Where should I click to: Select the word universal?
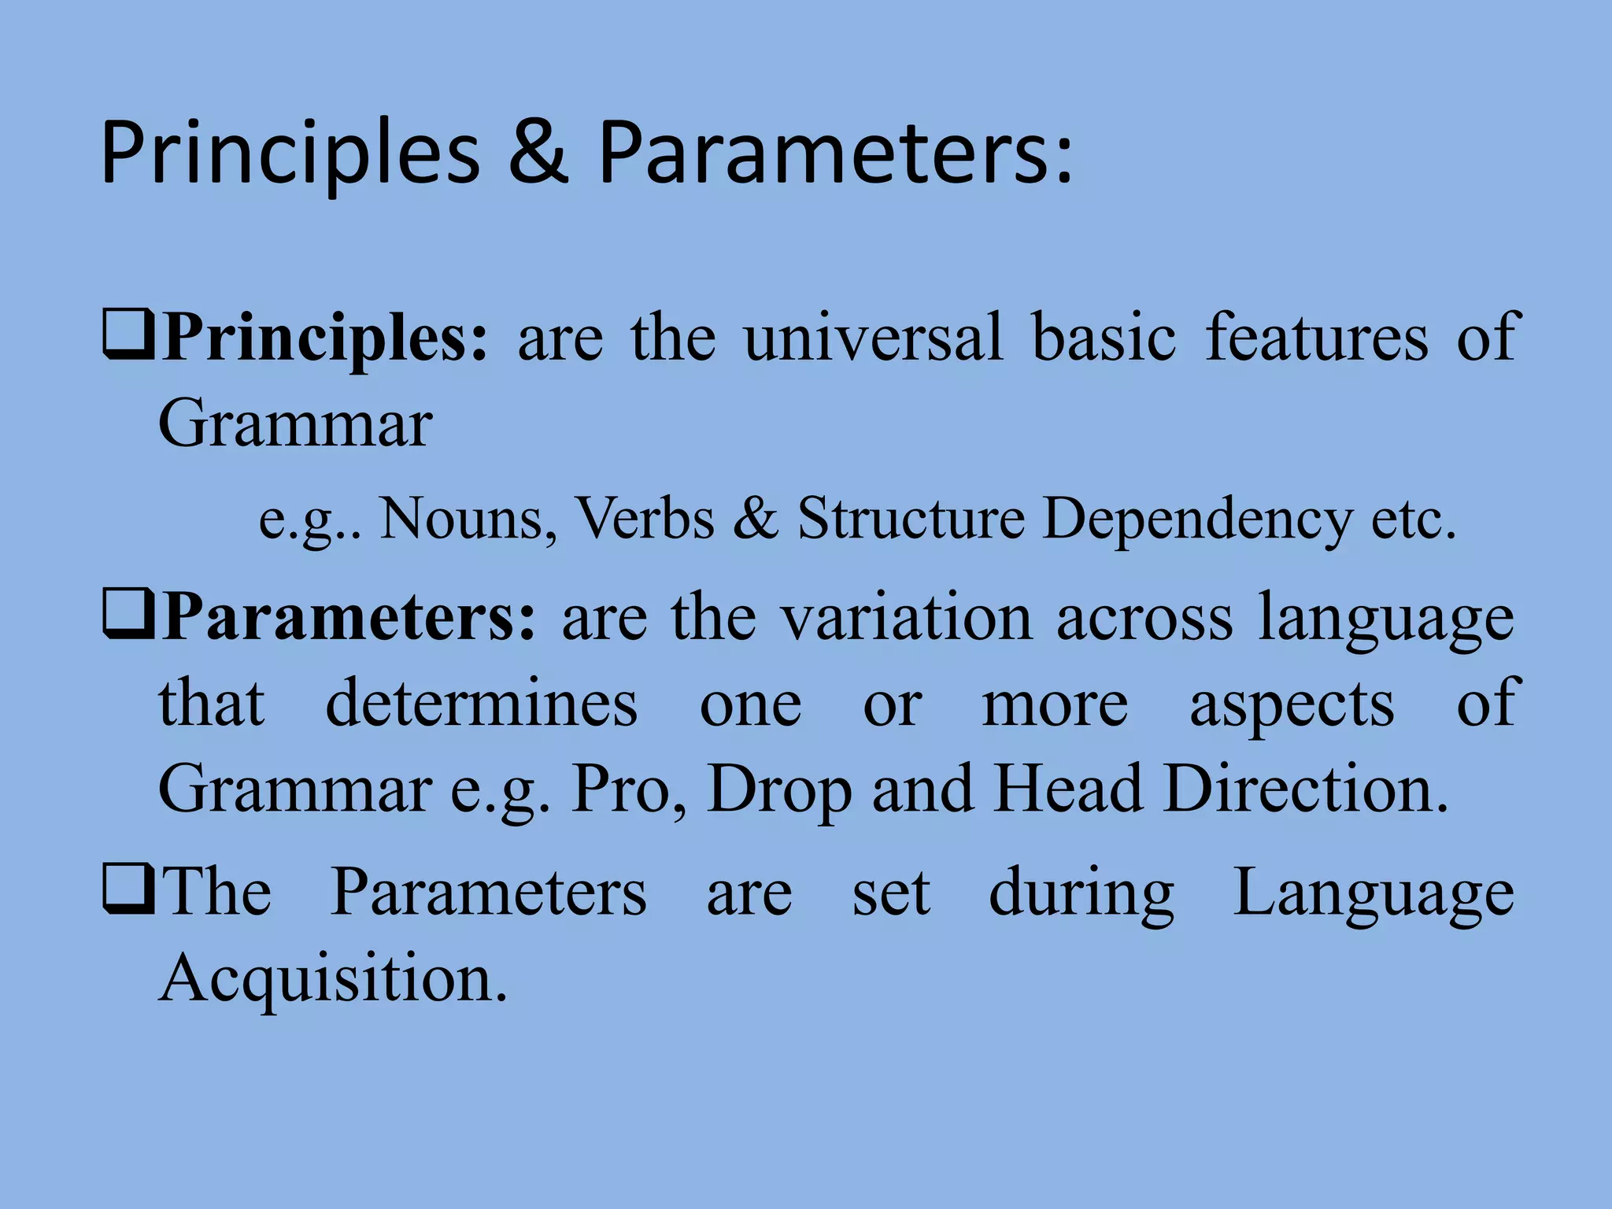pyautogui.click(x=873, y=337)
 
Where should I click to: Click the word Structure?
pyautogui.click(x=911, y=519)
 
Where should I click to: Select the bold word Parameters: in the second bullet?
pyautogui.click(x=348, y=619)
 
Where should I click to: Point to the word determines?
pyautogui.click(x=481, y=704)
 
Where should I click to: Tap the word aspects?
pyautogui.click(x=1292, y=705)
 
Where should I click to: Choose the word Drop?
pyautogui.click(x=779, y=790)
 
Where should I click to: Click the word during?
pyautogui.click(x=1081, y=894)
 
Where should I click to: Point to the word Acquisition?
pyautogui.click(x=333, y=979)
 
